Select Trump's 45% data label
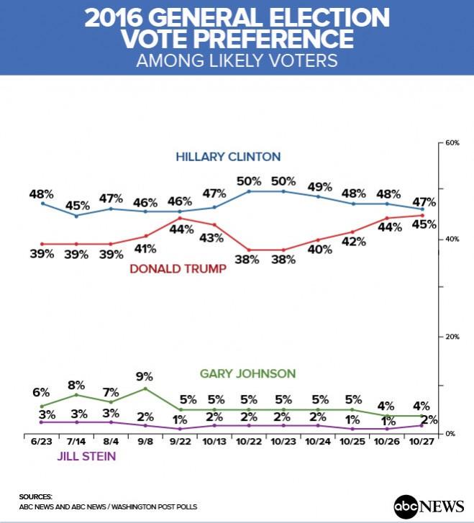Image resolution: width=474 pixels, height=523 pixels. coord(424,224)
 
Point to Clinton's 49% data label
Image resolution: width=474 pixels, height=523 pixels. coord(319,186)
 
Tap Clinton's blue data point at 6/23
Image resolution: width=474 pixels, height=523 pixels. coord(42,204)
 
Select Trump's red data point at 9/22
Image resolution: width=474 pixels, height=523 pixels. coord(179,218)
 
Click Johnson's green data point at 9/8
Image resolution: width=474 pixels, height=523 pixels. coord(145,388)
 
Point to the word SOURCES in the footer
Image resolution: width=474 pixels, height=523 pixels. coord(36,496)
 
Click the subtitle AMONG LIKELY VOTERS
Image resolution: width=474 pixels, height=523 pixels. coord(237,60)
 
